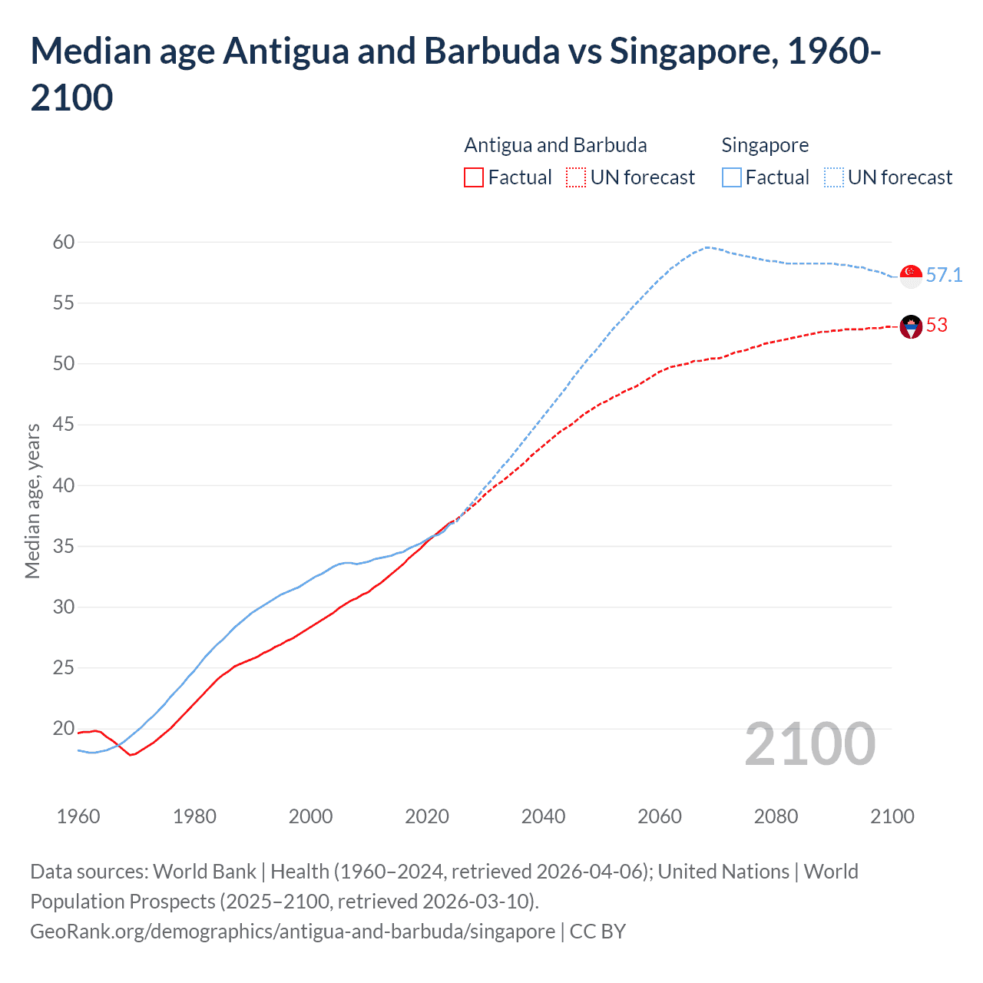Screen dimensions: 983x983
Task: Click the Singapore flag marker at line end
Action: click(x=911, y=276)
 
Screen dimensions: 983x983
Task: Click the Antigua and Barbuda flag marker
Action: click(x=911, y=327)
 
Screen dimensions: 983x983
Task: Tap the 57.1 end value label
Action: click(x=944, y=275)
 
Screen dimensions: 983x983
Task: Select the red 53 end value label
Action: click(x=937, y=325)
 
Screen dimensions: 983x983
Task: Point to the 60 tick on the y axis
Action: click(x=64, y=243)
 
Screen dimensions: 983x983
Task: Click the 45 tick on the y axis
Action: click(x=64, y=425)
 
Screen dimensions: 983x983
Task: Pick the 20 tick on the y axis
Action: click(x=64, y=728)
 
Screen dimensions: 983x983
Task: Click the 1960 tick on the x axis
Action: click(x=78, y=816)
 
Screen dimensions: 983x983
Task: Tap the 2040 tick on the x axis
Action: click(x=543, y=816)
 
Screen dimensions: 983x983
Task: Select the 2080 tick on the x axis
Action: click(x=776, y=816)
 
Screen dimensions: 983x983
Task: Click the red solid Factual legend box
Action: click(x=474, y=177)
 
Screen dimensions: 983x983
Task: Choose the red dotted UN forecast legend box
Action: click(x=576, y=177)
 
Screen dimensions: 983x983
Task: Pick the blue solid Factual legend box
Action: click(x=732, y=177)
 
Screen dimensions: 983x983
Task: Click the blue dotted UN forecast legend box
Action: click(x=834, y=177)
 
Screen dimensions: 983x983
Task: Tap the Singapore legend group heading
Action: click(x=765, y=145)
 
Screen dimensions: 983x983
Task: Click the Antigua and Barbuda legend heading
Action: click(x=555, y=145)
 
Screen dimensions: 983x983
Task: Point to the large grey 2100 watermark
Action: click(x=809, y=744)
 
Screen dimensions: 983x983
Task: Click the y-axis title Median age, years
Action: click(x=32, y=501)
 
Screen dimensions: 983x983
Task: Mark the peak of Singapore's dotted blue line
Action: click(x=707, y=247)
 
